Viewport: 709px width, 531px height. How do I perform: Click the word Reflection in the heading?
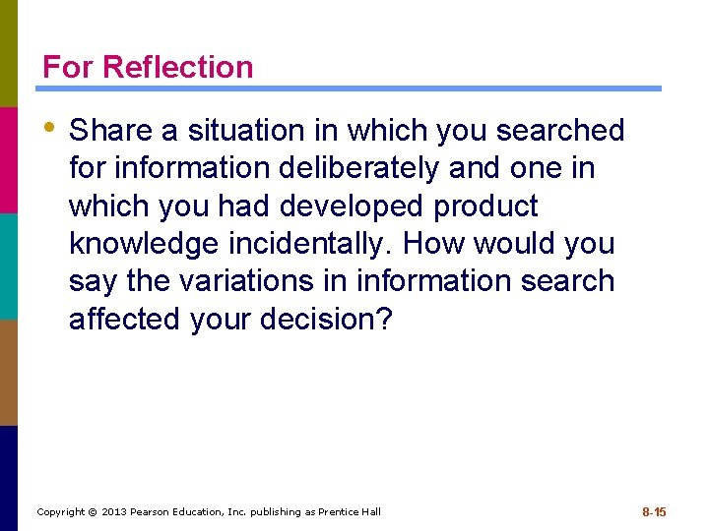[x=177, y=67]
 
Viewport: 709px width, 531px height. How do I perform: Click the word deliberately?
[x=358, y=168]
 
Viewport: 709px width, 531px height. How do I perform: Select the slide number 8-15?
[x=654, y=512]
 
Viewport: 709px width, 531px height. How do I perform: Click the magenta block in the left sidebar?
[x=9, y=159]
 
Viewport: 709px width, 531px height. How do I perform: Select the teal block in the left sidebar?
[x=9, y=265]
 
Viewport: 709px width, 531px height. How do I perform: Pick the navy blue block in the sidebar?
[x=9, y=478]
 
